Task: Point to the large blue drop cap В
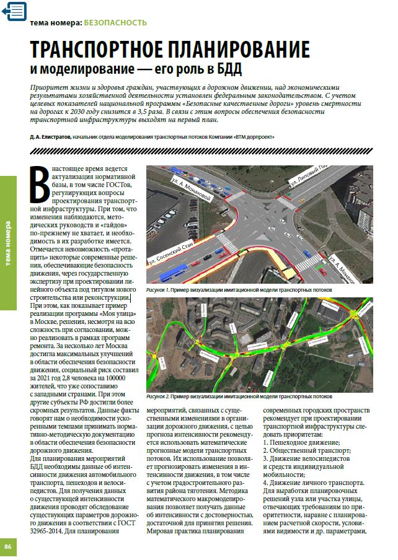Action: (x=40, y=184)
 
